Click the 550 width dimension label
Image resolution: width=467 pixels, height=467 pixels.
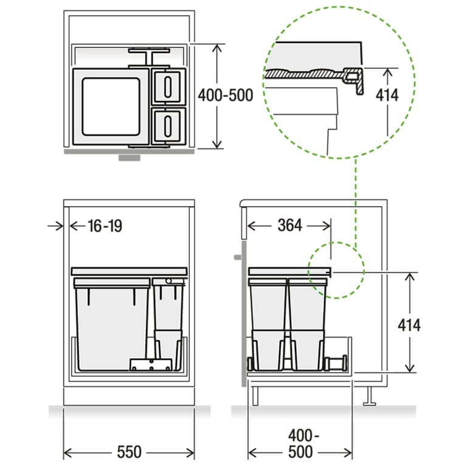(129, 452)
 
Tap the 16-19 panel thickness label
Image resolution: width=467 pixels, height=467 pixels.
(104, 226)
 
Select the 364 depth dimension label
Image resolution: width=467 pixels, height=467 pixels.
(290, 226)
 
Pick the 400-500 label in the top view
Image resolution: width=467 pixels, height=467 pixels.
(226, 95)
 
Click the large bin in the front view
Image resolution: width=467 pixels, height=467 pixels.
(111, 325)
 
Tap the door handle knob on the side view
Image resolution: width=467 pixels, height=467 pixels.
(237, 257)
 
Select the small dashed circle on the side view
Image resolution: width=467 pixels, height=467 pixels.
(336, 271)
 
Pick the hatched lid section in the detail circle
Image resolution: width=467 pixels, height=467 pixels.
(304, 72)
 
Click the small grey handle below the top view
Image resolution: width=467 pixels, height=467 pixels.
(129, 156)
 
